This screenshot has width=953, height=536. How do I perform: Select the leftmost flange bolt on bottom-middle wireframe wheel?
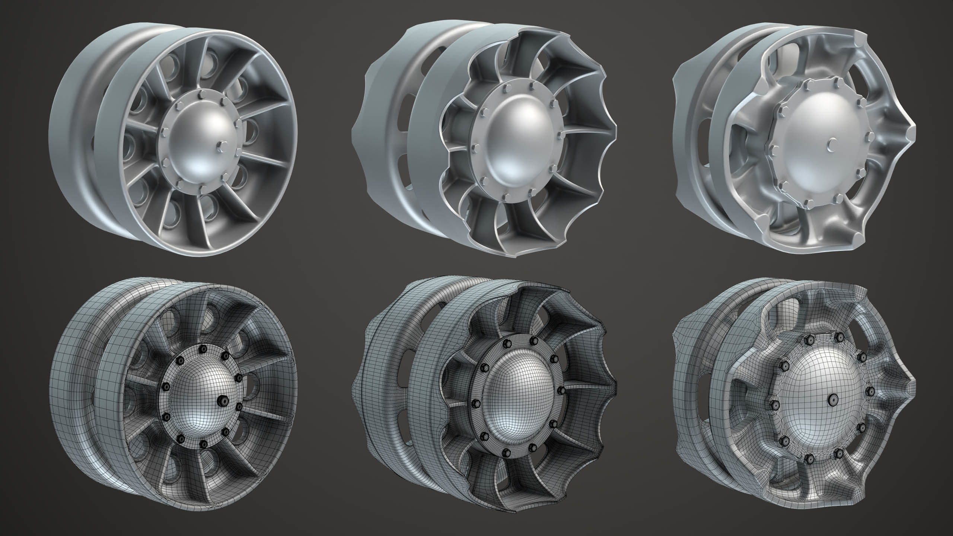point(475,403)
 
